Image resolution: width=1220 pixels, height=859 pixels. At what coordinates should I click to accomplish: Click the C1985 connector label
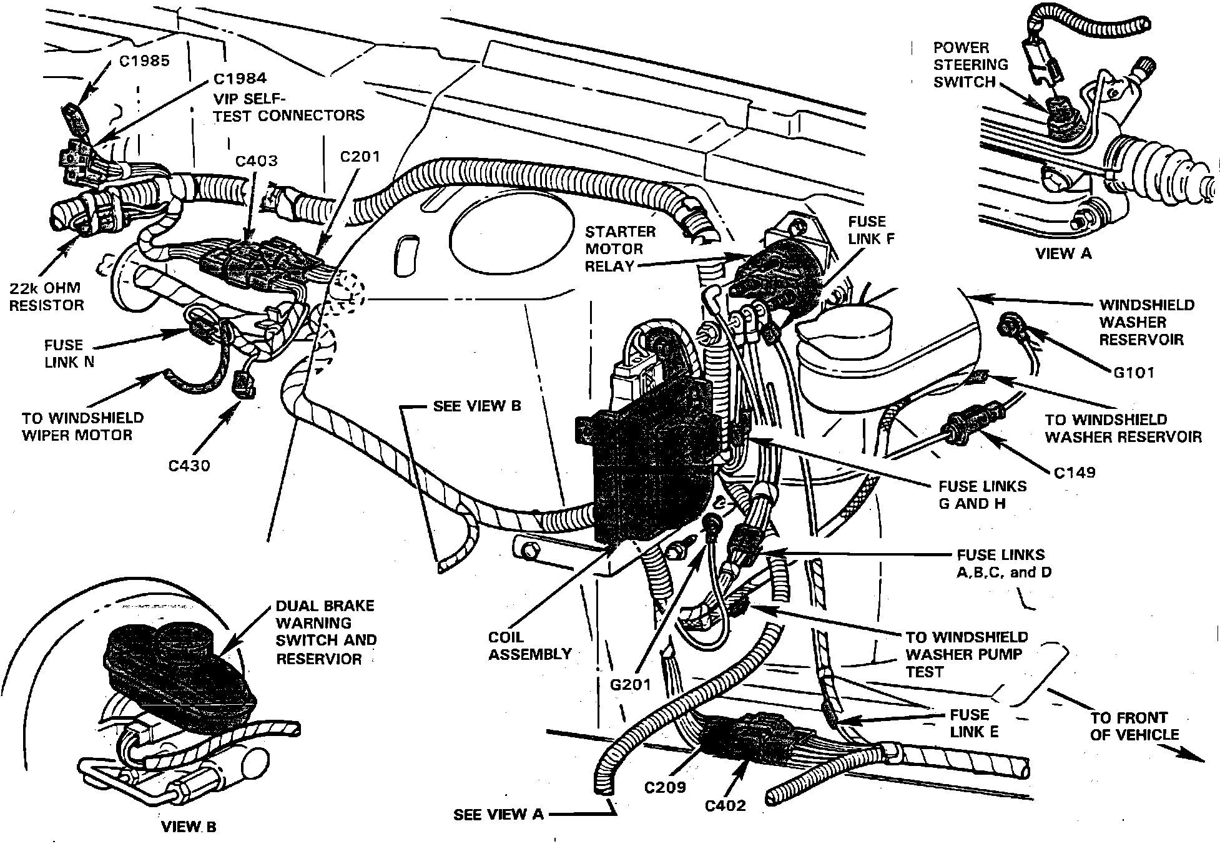144,61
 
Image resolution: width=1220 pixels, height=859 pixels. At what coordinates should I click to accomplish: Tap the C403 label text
256,161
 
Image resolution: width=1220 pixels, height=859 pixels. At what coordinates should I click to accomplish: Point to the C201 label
360,157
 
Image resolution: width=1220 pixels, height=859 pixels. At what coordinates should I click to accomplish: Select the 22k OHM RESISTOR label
46,297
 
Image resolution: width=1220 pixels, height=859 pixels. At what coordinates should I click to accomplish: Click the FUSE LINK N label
69,353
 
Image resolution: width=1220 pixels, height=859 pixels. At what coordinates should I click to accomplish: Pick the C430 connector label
189,465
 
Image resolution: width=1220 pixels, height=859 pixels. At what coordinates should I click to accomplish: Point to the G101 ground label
1134,373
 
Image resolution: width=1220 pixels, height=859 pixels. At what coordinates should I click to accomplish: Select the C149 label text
1075,473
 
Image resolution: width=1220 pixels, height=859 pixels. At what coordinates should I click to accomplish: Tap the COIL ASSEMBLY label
529,645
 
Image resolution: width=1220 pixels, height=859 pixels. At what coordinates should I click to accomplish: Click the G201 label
630,685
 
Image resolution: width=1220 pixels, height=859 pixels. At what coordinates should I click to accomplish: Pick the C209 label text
665,788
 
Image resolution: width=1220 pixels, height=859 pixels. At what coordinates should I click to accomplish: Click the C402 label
726,806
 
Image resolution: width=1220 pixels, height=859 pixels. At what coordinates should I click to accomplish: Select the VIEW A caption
1063,253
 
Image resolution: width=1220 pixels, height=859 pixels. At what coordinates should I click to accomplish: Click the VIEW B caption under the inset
189,827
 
